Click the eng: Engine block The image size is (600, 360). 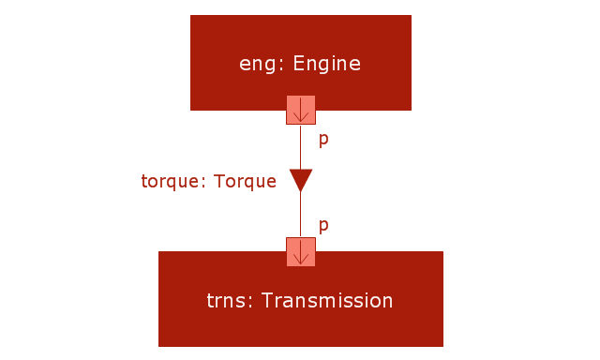[x=301, y=57]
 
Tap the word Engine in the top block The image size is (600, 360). [x=327, y=63]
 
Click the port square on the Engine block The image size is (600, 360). [x=301, y=110]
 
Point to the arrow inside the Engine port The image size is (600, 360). [x=301, y=110]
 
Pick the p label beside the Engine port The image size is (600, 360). [x=323, y=140]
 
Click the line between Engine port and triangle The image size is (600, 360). [x=300, y=147]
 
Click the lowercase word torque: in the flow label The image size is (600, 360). [x=174, y=181]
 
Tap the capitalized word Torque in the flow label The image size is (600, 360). [x=245, y=181]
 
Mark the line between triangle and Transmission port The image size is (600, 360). [x=300, y=215]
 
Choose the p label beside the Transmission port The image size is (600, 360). [x=323, y=226]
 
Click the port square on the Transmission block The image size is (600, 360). [x=301, y=252]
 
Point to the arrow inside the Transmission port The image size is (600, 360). [x=301, y=252]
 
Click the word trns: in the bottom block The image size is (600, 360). [x=230, y=301]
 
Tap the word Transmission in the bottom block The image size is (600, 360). [x=327, y=300]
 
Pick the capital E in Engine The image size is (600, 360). [x=298, y=63]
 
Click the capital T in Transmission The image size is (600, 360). [x=267, y=300]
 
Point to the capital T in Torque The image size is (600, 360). [x=219, y=181]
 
